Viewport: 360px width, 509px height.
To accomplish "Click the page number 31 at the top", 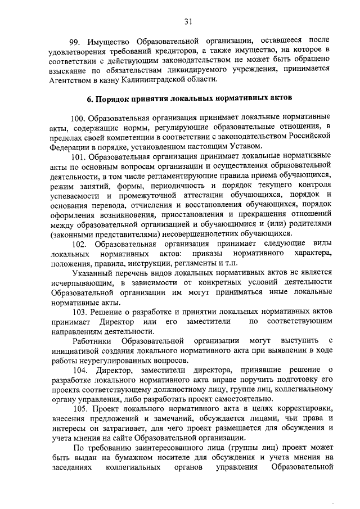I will click(x=187, y=22).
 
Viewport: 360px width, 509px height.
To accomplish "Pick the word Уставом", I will click(x=246, y=147).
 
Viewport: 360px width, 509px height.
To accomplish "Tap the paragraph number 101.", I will click(x=79, y=157).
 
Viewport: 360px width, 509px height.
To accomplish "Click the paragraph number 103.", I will click(x=79, y=311).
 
